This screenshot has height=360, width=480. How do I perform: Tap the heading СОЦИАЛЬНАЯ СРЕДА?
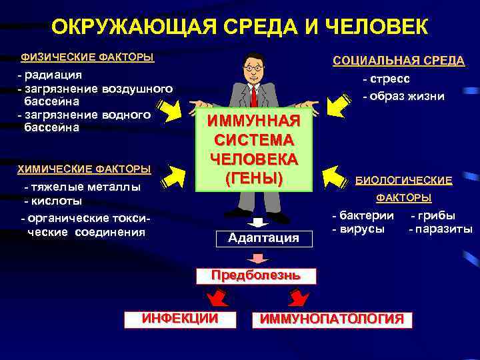coord(399,61)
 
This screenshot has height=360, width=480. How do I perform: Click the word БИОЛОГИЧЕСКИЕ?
coord(403,180)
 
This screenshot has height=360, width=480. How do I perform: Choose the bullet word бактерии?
coord(367,215)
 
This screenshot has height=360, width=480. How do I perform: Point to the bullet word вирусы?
coord(361,229)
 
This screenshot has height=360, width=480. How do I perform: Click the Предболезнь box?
coord(255,275)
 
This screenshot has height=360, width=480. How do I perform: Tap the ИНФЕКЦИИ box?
coord(180,318)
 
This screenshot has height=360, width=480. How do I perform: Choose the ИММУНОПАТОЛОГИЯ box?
coord(331,319)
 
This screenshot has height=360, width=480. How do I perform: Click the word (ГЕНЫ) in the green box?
coord(254,178)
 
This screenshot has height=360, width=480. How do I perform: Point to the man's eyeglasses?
coord(253,67)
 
